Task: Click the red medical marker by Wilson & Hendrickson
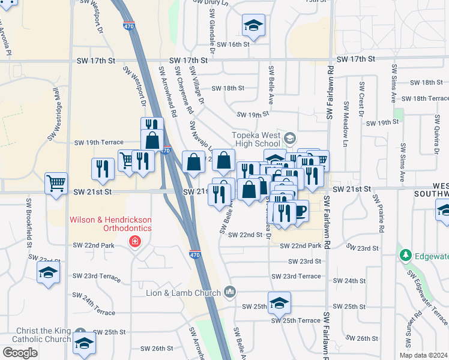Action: coord(135,242)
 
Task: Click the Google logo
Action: coord(20,353)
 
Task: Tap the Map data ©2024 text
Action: coord(424,355)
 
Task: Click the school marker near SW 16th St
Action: coord(253,26)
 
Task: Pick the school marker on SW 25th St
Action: coord(279,302)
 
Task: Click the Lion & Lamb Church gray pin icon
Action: coord(229,292)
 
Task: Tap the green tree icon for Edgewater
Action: coord(406,256)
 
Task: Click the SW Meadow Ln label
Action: coord(346,124)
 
